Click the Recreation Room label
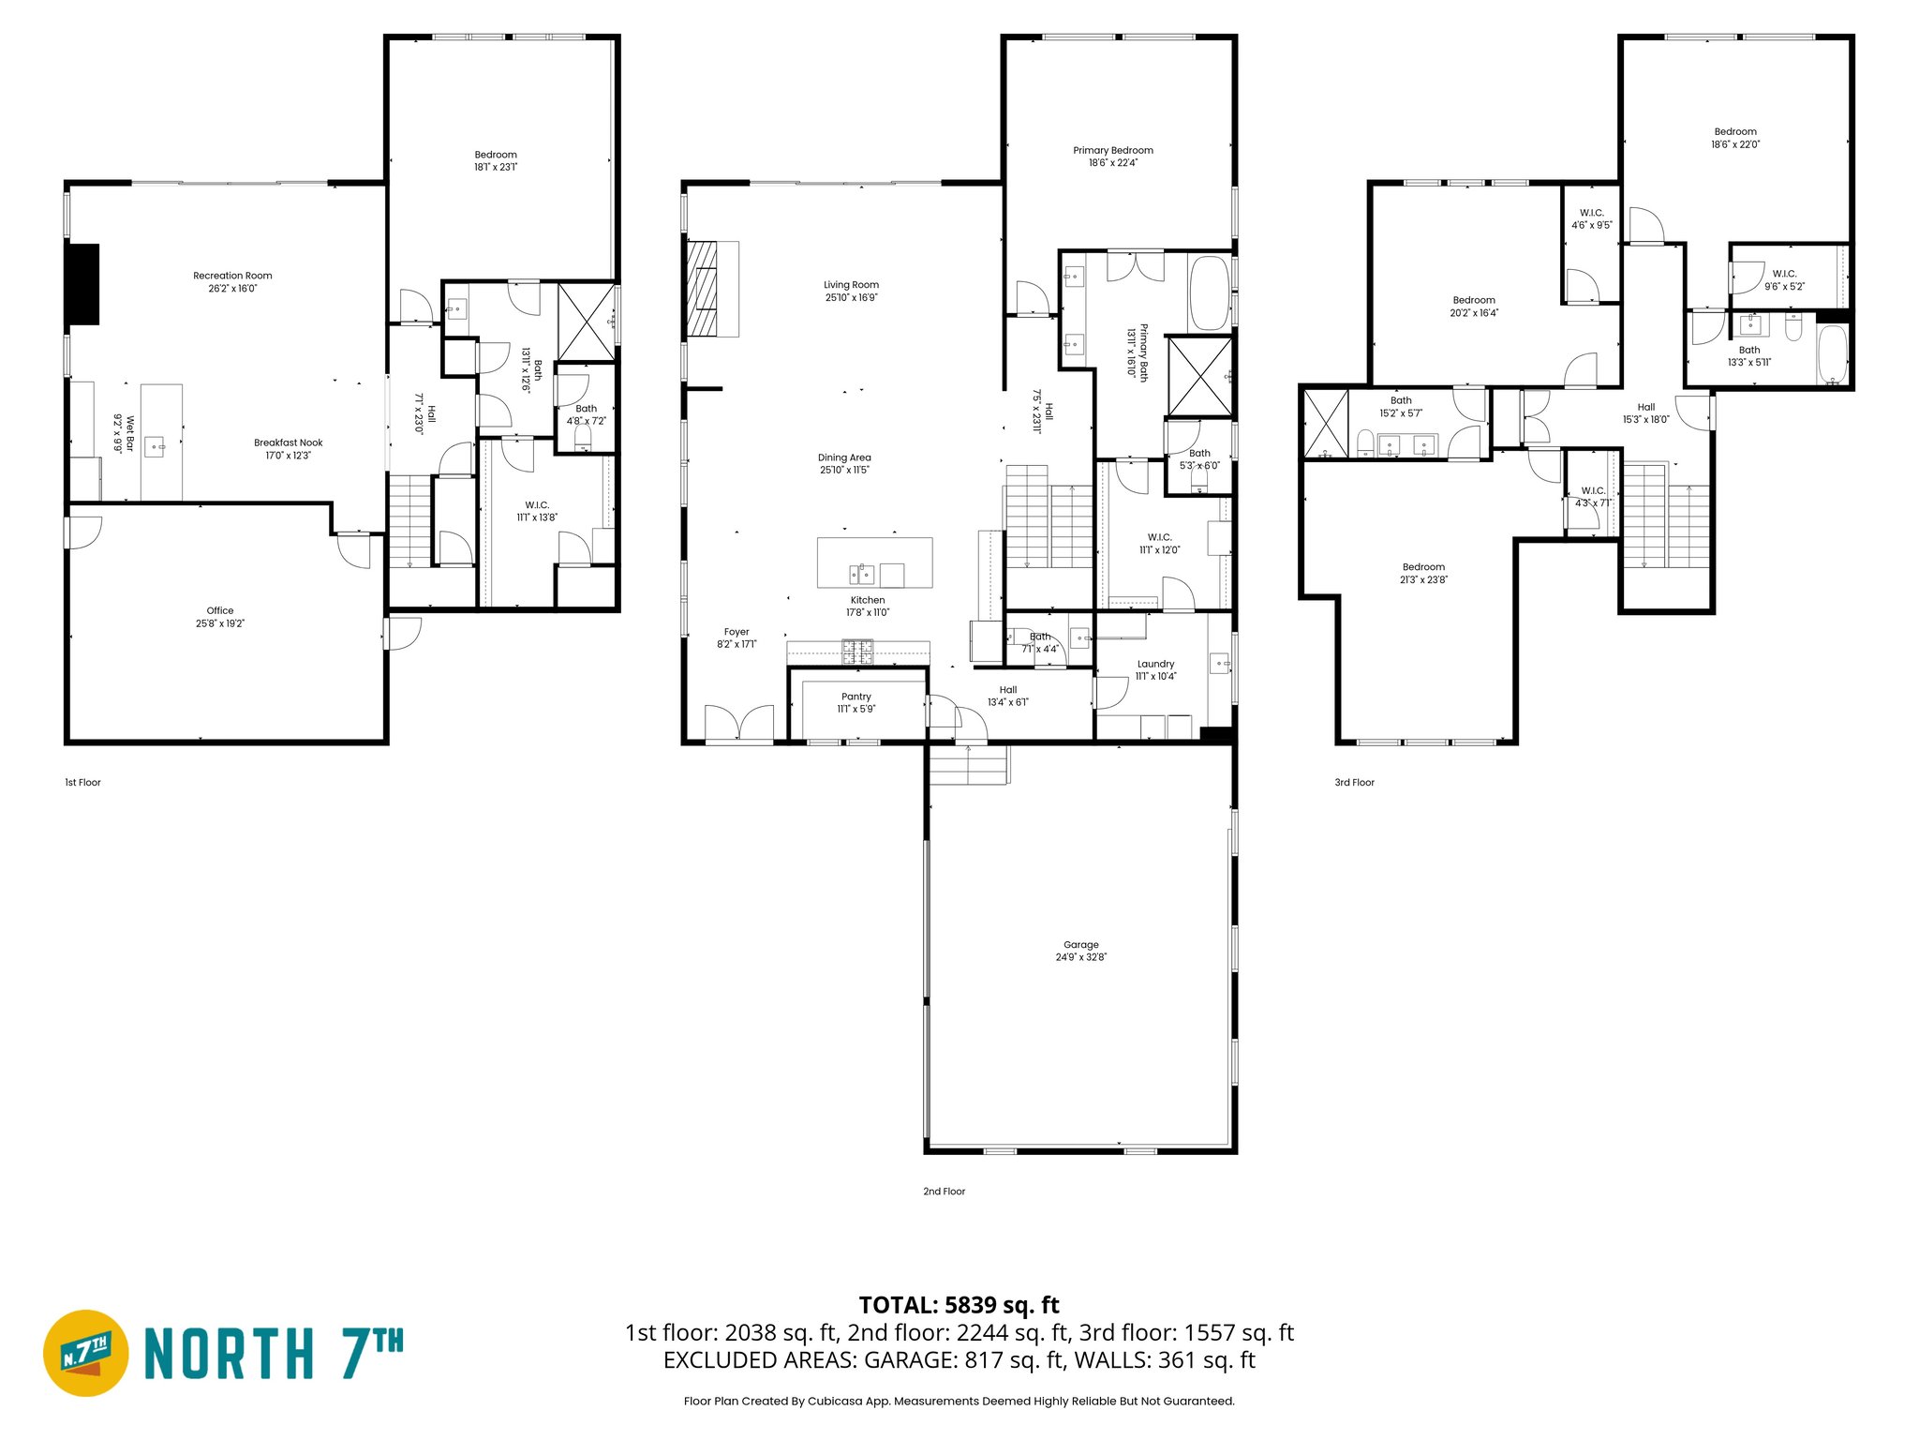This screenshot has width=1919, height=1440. [232, 276]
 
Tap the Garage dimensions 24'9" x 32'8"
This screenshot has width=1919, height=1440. [1080, 957]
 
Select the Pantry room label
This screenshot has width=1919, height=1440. [855, 697]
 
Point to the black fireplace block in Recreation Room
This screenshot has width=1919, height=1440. [82, 284]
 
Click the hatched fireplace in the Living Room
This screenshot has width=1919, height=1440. [702, 289]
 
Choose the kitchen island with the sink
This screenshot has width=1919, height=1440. [874, 562]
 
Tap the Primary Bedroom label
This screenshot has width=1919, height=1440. [1113, 150]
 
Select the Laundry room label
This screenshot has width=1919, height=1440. [1155, 664]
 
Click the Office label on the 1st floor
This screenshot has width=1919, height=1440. [220, 610]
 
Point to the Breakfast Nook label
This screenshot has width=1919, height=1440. [288, 442]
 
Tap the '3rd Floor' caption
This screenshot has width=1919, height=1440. [1354, 782]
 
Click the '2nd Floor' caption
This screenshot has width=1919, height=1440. [944, 1192]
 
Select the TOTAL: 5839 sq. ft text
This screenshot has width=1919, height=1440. [959, 1305]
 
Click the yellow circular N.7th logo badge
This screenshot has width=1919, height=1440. [86, 1353]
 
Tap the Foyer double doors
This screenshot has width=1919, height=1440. [739, 724]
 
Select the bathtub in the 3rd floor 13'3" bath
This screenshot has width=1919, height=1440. [1832, 355]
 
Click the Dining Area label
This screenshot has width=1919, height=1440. [844, 457]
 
